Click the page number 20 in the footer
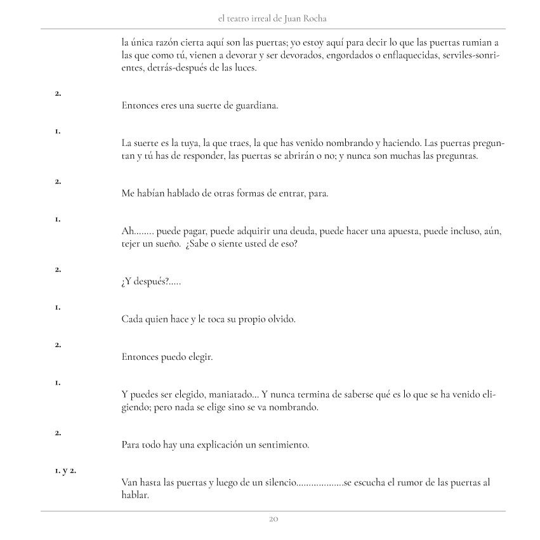(273, 519)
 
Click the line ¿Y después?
(150, 282)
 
